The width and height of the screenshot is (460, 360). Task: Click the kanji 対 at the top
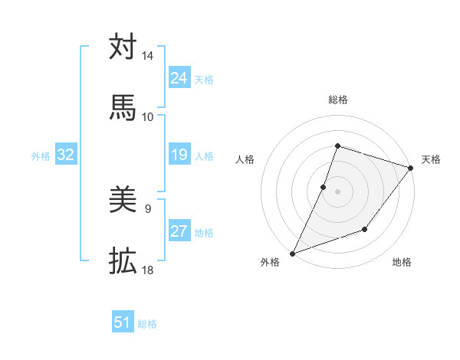123,47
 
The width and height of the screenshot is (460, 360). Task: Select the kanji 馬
123,108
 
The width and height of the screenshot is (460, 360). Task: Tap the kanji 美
123,201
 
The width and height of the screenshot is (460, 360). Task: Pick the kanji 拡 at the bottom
123,262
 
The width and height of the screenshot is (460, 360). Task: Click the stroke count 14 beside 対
148,56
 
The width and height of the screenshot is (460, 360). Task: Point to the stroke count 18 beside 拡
148,270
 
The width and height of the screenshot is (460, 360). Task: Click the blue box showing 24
179,78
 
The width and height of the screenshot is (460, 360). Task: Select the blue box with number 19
179,155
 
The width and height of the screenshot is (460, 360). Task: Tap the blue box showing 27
179,232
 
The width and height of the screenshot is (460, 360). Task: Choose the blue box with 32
65,155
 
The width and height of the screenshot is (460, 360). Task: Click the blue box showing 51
122,322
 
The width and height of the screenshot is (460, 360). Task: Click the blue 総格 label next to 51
147,324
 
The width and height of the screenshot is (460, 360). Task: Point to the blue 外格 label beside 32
41,156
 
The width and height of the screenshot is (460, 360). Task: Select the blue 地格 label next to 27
204,233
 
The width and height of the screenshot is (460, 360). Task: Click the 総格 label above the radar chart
337,100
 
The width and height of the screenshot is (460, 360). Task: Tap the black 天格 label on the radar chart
431,159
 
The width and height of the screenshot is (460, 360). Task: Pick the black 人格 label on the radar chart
245,159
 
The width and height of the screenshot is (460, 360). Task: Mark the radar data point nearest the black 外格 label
292,253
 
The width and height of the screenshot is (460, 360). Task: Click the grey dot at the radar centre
337,191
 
